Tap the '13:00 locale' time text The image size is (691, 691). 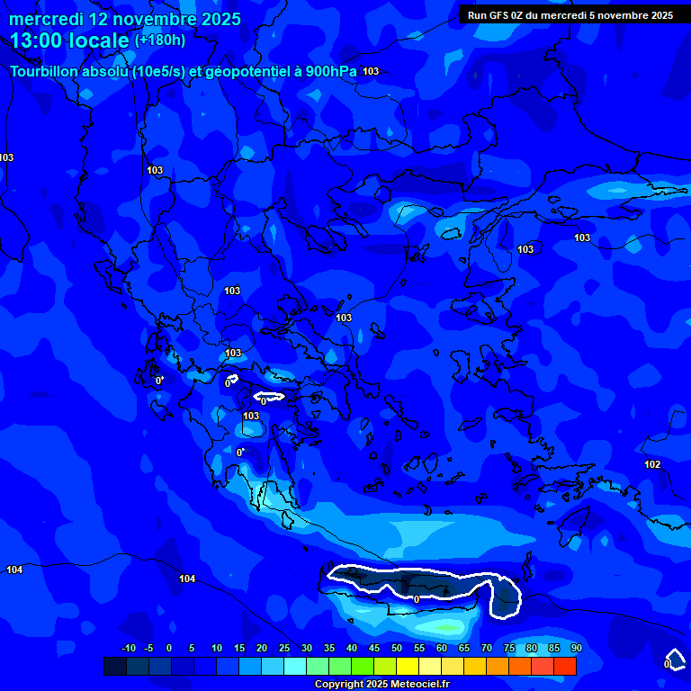click(69, 40)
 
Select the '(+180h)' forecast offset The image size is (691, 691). click(160, 40)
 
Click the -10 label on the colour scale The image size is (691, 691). click(128, 648)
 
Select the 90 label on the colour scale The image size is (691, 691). click(576, 648)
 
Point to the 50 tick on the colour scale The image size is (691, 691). click(397, 648)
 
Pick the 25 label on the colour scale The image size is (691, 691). click(283, 648)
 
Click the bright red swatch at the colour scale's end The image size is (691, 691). click(565, 666)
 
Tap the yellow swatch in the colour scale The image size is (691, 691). click(408, 666)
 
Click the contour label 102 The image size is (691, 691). click(652, 464)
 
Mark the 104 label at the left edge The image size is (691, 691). click(14, 570)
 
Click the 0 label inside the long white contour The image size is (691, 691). click(416, 598)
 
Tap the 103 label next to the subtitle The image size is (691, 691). click(371, 71)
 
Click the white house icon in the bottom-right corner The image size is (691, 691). click(674, 659)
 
